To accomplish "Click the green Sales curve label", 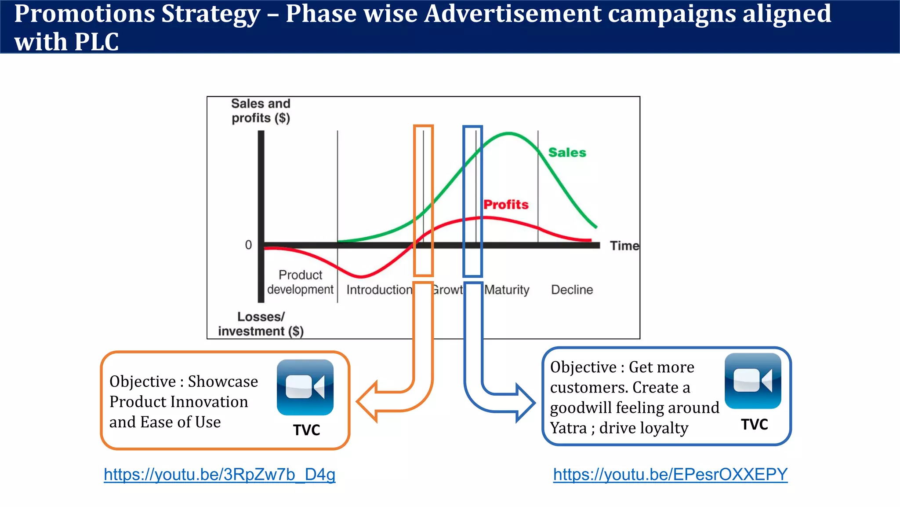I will click(x=567, y=152).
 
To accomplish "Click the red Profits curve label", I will click(x=506, y=204).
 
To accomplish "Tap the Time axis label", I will click(x=624, y=246).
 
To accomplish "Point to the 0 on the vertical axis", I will click(x=248, y=245).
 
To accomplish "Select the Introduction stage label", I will click(x=379, y=290).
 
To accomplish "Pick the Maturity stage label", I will click(x=507, y=290).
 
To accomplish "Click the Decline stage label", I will click(x=572, y=290).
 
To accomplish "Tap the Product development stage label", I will click(x=300, y=282).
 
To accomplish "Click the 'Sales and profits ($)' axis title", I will click(x=261, y=110).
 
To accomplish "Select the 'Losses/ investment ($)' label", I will click(x=261, y=324).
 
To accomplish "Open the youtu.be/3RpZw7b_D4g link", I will click(x=219, y=474).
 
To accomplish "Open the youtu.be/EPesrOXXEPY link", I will click(x=670, y=474).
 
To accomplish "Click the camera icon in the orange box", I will click(x=305, y=387).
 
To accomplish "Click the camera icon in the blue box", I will click(x=752, y=381).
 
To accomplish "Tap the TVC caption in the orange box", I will click(x=306, y=430).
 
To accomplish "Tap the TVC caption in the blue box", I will click(x=754, y=424).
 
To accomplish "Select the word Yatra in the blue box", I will click(x=568, y=428).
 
